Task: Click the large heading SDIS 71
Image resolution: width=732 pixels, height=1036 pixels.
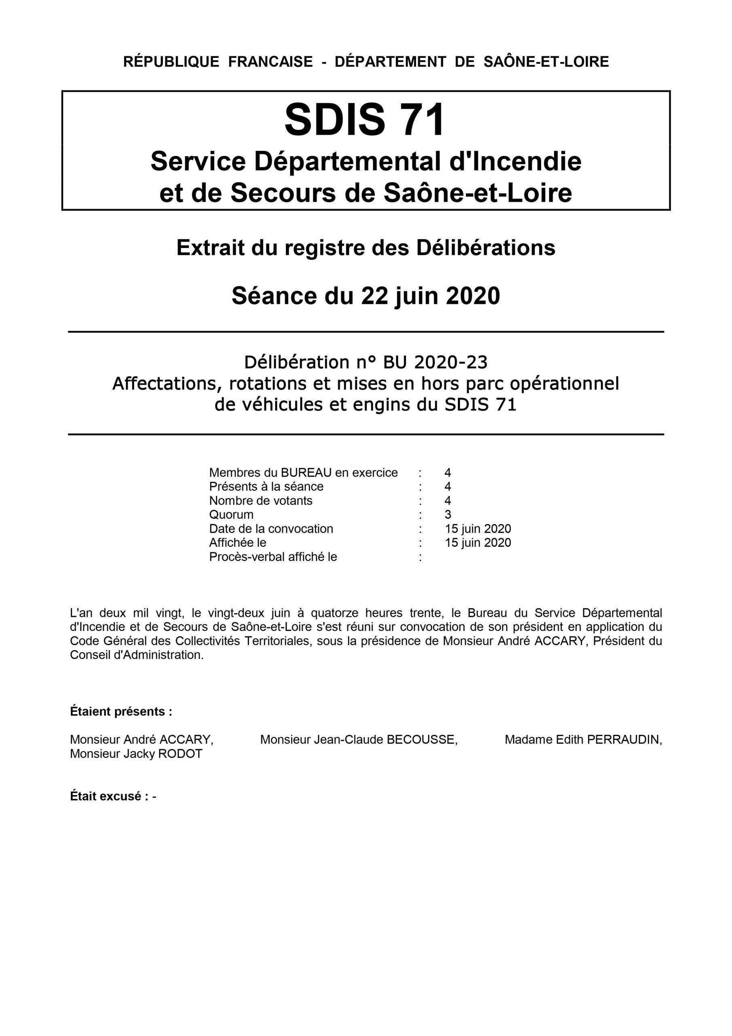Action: pyautogui.click(x=365, y=119)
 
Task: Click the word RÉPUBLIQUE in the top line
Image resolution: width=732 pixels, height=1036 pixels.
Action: pyautogui.click(x=171, y=62)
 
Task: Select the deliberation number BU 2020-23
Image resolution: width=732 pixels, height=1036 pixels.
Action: pyautogui.click(x=435, y=362)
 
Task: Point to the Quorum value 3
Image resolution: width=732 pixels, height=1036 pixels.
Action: pyautogui.click(x=448, y=514)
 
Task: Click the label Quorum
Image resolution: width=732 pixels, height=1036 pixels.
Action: pyautogui.click(x=231, y=514)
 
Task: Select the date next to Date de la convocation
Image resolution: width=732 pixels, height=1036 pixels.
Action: pyautogui.click(x=478, y=529)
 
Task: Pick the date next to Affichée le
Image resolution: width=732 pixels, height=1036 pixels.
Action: pyautogui.click(x=478, y=542)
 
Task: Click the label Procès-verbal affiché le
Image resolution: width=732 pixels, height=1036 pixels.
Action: pyautogui.click(x=273, y=557)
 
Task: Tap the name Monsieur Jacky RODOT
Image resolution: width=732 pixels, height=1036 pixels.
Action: pyautogui.click(x=136, y=754)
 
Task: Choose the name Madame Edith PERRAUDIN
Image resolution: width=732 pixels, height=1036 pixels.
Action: pyautogui.click(x=583, y=739)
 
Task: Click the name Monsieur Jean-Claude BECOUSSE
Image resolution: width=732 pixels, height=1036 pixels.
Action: pyautogui.click(x=359, y=739)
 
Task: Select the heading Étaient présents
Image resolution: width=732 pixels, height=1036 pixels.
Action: pyautogui.click(x=121, y=711)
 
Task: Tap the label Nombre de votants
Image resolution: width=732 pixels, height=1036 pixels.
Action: pyautogui.click(x=261, y=501)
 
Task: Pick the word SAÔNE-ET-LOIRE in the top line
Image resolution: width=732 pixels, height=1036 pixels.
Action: pyautogui.click(x=546, y=62)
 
